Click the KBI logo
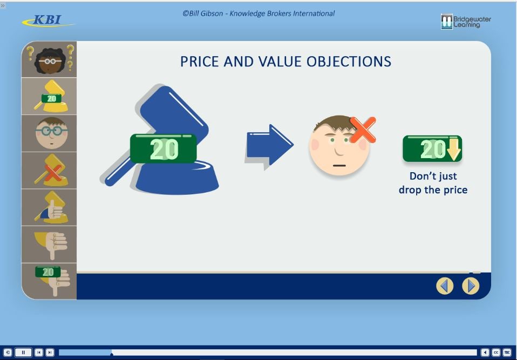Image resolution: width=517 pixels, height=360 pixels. coord(48,21)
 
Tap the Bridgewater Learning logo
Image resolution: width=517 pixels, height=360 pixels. coord(466,22)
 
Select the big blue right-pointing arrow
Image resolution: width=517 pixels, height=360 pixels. coord(270,146)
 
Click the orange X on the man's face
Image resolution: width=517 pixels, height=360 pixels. coord(363,130)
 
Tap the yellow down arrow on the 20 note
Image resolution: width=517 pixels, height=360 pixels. coord(454,150)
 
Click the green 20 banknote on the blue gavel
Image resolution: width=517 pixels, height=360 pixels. coord(163,148)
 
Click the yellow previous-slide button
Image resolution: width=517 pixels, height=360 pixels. coord(445,286)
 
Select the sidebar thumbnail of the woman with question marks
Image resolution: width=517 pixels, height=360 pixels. coord(49,59)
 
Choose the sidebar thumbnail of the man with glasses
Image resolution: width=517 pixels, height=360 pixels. coord(49,133)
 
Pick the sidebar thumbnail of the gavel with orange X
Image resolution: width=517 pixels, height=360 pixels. coord(49,170)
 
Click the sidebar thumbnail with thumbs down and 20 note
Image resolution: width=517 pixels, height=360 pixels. coord(49,281)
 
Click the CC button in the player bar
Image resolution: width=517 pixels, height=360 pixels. coord(496,352)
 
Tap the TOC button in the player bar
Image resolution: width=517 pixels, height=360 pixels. coord(507,352)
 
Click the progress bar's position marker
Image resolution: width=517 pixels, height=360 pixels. coord(112,354)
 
